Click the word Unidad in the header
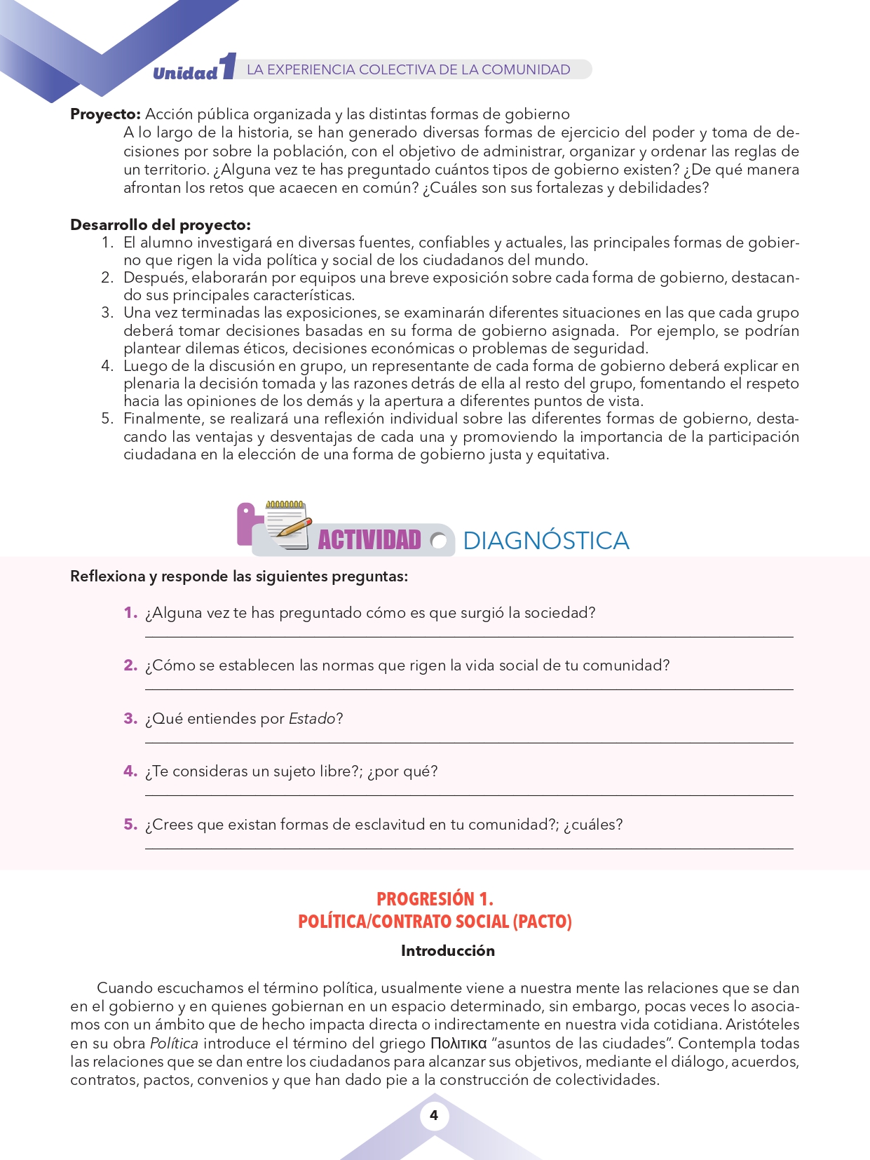185,73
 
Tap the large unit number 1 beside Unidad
228,67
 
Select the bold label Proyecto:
106,114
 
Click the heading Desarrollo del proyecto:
161,225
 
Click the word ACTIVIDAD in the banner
369,540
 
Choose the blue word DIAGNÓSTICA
546,541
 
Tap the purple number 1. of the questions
130,613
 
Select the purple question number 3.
130,718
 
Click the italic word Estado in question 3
312,719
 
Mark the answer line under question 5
468,848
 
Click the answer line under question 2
468,689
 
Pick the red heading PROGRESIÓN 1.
435,899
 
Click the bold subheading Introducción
448,951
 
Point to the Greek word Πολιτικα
458,1044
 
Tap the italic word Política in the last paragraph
174,1044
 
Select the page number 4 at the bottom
434,1115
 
